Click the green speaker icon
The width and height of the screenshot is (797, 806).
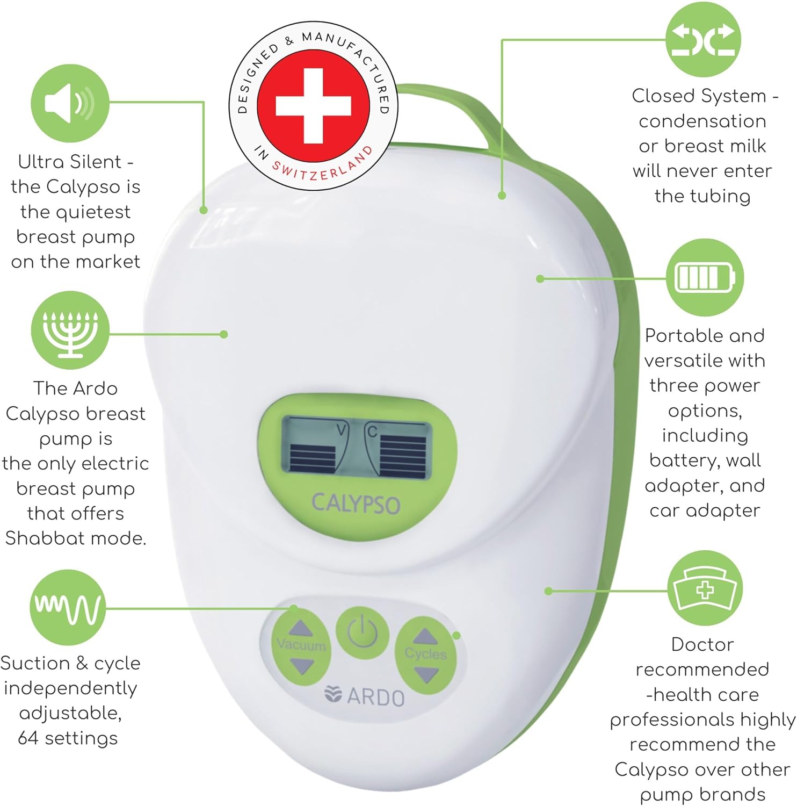coord(70,103)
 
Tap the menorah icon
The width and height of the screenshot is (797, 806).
coord(70,330)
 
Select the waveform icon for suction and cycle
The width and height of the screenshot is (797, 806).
coord(68,607)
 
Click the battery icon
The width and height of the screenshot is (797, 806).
coord(705,277)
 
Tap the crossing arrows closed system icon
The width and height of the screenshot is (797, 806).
coord(703,40)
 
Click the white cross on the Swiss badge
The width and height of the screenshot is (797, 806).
coord(313,106)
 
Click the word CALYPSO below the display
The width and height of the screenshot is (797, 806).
coord(356,503)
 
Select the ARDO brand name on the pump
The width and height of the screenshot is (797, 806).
coord(375,697)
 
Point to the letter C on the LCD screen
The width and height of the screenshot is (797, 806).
coord(372,431)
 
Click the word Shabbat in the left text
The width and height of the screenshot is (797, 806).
coord(41,538)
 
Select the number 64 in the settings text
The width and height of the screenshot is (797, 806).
coord(28,738)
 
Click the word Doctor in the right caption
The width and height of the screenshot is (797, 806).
coord(702,644)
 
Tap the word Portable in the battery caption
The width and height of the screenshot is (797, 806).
coord(676,336)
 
